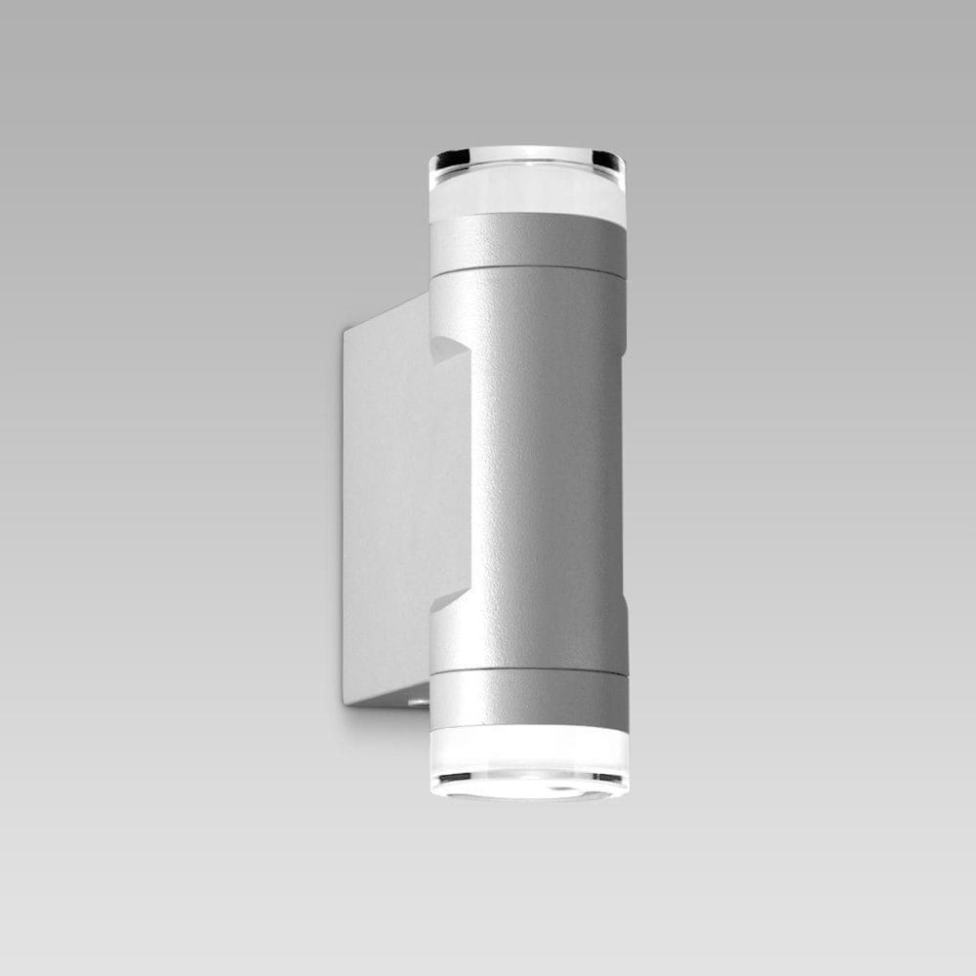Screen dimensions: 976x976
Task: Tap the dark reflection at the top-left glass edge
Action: click(x=450, y=158)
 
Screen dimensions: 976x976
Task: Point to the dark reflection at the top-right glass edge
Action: click(x=608, y=159)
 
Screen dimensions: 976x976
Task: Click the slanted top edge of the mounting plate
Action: click(x=386, y=312)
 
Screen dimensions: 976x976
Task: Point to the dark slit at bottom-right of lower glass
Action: click(x=607, y=778)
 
